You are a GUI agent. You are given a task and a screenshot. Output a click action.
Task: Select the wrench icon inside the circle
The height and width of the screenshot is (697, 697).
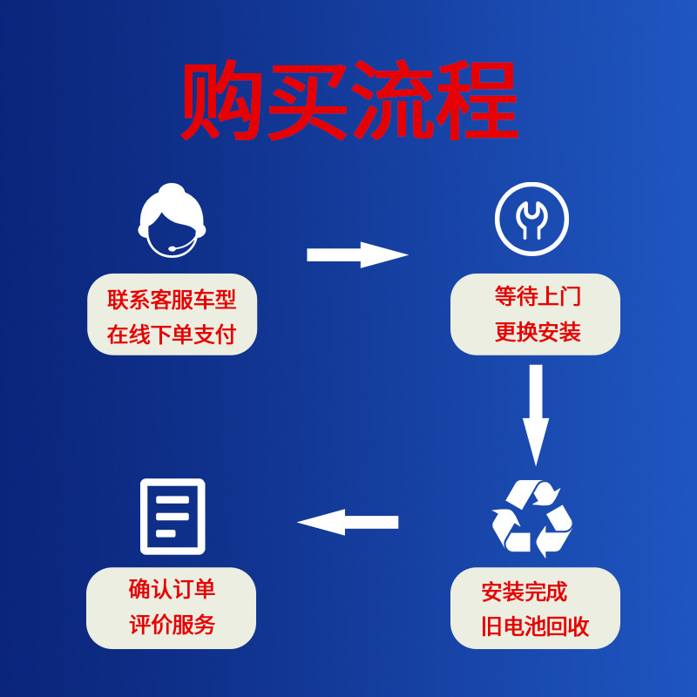pos(531,219)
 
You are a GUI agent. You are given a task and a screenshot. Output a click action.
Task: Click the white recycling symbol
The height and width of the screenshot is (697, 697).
pos(531,519)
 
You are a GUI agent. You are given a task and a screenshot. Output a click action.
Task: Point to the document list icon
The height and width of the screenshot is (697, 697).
pos(173,517)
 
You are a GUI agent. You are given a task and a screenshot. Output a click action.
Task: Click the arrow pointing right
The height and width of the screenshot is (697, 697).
pos(357,255)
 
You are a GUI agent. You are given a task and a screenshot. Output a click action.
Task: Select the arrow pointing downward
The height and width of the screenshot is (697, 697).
pos(535,415)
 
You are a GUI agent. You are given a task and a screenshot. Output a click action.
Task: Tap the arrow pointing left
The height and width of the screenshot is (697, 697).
pos(348,522)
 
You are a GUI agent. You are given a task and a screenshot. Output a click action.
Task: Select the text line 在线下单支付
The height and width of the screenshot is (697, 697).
pos(172,335)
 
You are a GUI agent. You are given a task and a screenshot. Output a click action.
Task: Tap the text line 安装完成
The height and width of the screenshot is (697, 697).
pos(524,592)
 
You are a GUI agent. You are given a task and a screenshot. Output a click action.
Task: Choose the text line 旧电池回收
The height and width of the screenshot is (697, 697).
pos(535,626)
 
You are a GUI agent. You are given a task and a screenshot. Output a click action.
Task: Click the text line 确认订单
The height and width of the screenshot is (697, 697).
pos(172,590)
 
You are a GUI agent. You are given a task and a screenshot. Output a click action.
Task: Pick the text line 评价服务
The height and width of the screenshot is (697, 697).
pos(172,625)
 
